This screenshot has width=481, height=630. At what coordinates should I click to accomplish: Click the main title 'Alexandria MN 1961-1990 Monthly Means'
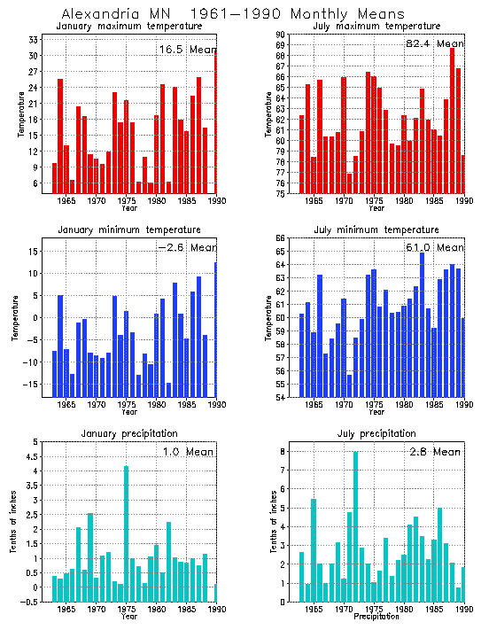[233, 14]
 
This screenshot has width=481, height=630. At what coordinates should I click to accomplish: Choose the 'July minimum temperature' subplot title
[376, 229]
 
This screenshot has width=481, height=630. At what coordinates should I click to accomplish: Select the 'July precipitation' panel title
[376, 433]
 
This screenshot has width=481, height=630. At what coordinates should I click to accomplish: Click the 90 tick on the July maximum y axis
[281, 35]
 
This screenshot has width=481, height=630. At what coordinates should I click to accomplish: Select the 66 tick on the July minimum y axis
[281, 239]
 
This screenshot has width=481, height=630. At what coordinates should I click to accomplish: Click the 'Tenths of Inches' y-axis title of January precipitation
[13, 523]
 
